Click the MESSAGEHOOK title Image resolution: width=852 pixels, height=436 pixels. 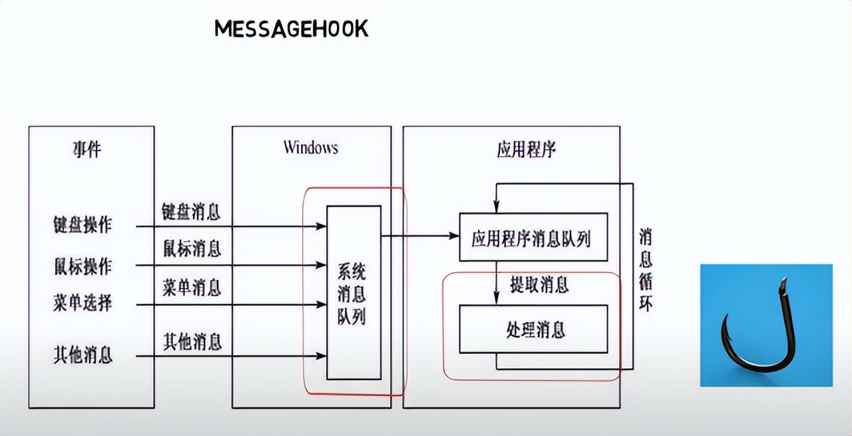pyautogui.click(x=291, y=29)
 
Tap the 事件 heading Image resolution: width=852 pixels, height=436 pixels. pyautogui.click(x=87, y=149)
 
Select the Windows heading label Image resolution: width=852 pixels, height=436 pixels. pyautogui.click(x=310, y=147)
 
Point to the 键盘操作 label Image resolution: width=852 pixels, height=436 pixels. pyautogui.click(x=83, y=225)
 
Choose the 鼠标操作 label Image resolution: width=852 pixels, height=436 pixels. pyautogui.click(x=83, y=266)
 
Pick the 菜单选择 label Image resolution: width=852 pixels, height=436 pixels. pyautogui.click(x=83, y=304)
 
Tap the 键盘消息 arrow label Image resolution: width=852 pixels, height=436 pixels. pyautogui.click(x=192, y=213)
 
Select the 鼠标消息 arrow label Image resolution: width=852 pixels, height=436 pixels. pyautogui.click(x=192, y=249)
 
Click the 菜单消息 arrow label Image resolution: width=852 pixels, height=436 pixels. pyautogui.click(x=192, y=288)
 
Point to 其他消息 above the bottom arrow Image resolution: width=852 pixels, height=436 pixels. pyautogui.click(x=192, y=342)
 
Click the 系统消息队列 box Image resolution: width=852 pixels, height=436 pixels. pyautogui.click(x=353, y=293)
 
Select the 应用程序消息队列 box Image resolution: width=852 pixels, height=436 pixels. pyautogui.click(x=533, y=237)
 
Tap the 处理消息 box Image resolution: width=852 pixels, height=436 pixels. pyautogui.click(x=533, y=329)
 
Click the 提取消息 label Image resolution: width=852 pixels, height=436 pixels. pyautogui.click(x=539, y=285)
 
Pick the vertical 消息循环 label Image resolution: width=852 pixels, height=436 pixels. pyautogui.click(x=646, y=270)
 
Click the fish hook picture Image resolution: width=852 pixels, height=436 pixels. pyautogui.click(x=765, y=325)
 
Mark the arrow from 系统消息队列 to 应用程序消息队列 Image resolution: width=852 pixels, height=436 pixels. pyautogui.click(x=419, y=236)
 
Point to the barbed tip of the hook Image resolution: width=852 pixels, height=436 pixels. pyautogui.click(x=783, y=283)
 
